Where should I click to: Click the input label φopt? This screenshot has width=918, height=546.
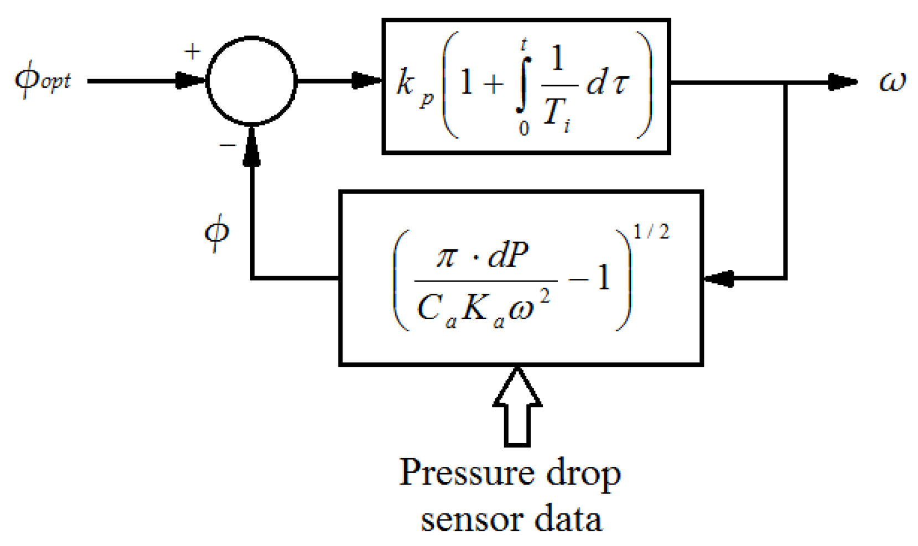pyautogui.click(x=43, y=81)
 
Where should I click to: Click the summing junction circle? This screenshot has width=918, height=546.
pyautogui.click(x=252, y=81)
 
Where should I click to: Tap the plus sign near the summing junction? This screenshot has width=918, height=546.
pyautogui.click(x=192, y=52)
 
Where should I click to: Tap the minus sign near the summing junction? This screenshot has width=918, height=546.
pyautogui.click(x=227, y=145)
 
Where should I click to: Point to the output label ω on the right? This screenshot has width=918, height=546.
pyautogui.click(x=892, y=82)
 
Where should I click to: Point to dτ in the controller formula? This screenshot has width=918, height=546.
pyautogui.click(x=606, y=84)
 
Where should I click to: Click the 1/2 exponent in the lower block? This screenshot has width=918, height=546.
pyautogui.click(x=651, y=231)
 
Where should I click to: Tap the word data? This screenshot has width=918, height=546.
pyautogui.click(x=568, y=519)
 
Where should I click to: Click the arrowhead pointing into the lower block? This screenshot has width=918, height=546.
pyautogui.click(x=718, y=278)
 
